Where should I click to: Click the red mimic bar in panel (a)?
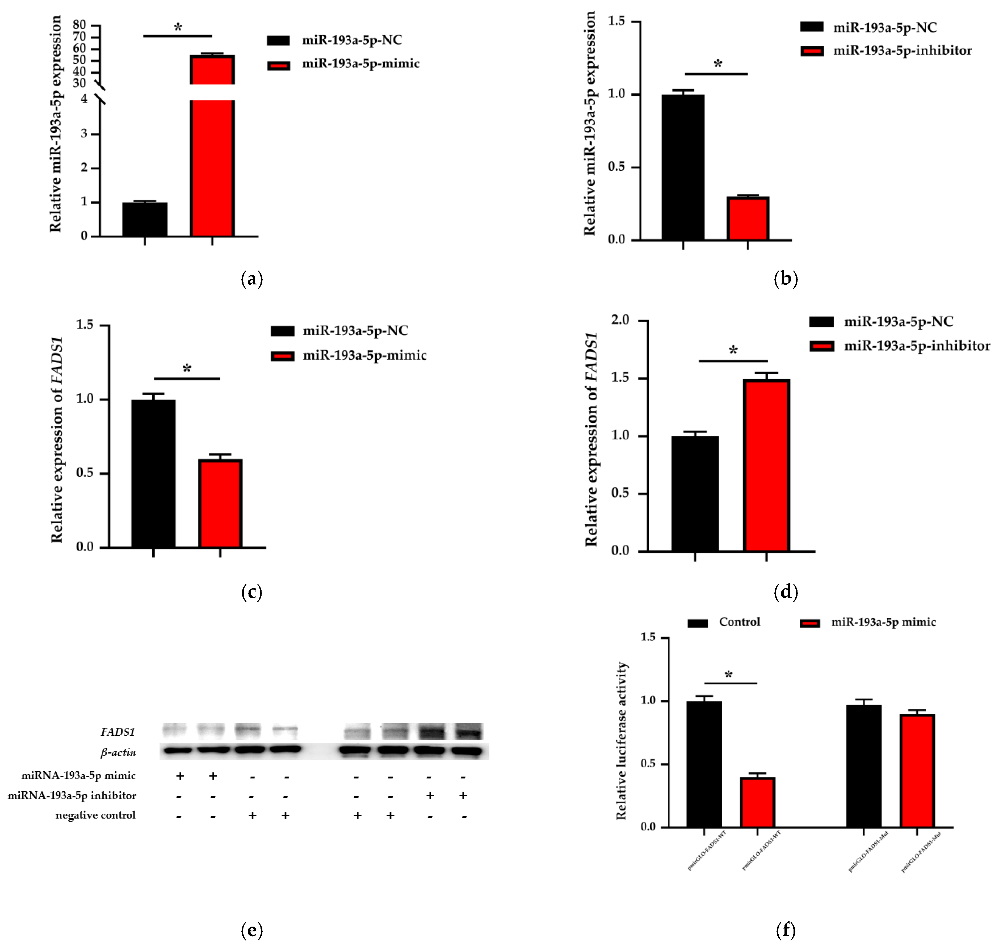click(212, 167)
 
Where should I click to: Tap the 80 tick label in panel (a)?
click(79, 25)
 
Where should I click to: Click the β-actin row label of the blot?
click(118, 753)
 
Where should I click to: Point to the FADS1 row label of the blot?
click(117, 732)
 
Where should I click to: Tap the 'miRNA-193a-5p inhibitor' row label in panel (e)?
click(72, 796)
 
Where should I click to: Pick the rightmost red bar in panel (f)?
click(917, 771)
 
